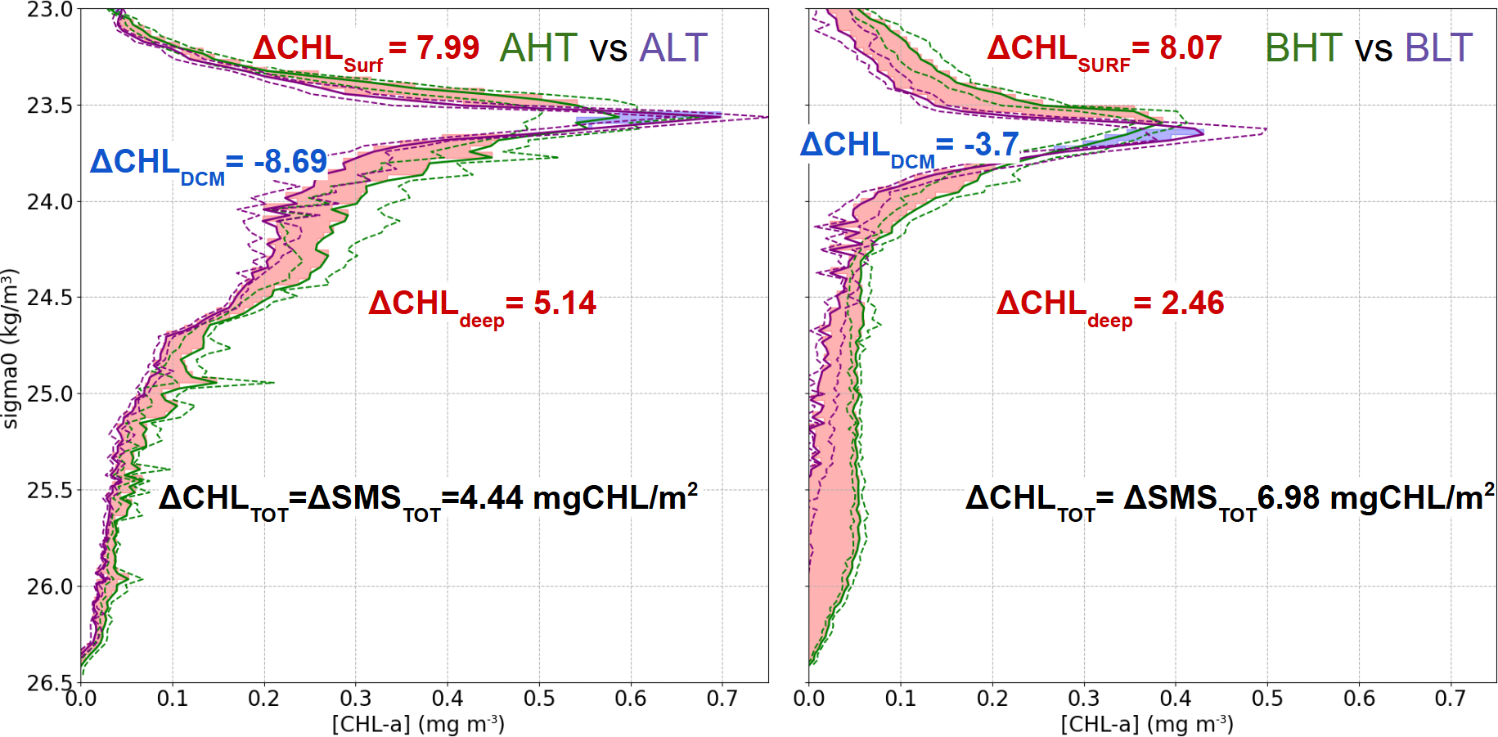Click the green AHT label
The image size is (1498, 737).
(x=538, y=48)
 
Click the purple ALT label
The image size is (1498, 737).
(x=673, y=48)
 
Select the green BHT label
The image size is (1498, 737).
(x=1303, y=48)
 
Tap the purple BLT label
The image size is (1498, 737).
(x=1438, y=48)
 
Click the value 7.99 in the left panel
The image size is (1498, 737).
(x=448, y=48)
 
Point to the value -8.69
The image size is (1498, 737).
(x=290, y=162)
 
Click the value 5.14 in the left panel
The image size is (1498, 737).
(x=565, y=303)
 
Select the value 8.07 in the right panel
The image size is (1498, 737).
(x=1190, y=48)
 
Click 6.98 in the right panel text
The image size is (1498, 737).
(x=1289, y=498)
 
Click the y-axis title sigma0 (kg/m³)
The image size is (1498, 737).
(x=10, y=348)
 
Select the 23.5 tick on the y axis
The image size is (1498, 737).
(x=50, y=106)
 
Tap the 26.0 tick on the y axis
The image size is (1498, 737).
(x=50, y=586)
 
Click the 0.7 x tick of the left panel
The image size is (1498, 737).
(x=722, y=699)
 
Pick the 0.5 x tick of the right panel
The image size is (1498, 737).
(x=1267, y=699)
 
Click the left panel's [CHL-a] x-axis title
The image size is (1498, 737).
(x=418, y=725)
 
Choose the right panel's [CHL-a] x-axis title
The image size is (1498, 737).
(x=1147, y=725)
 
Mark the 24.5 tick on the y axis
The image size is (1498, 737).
(x=50, y=298)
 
